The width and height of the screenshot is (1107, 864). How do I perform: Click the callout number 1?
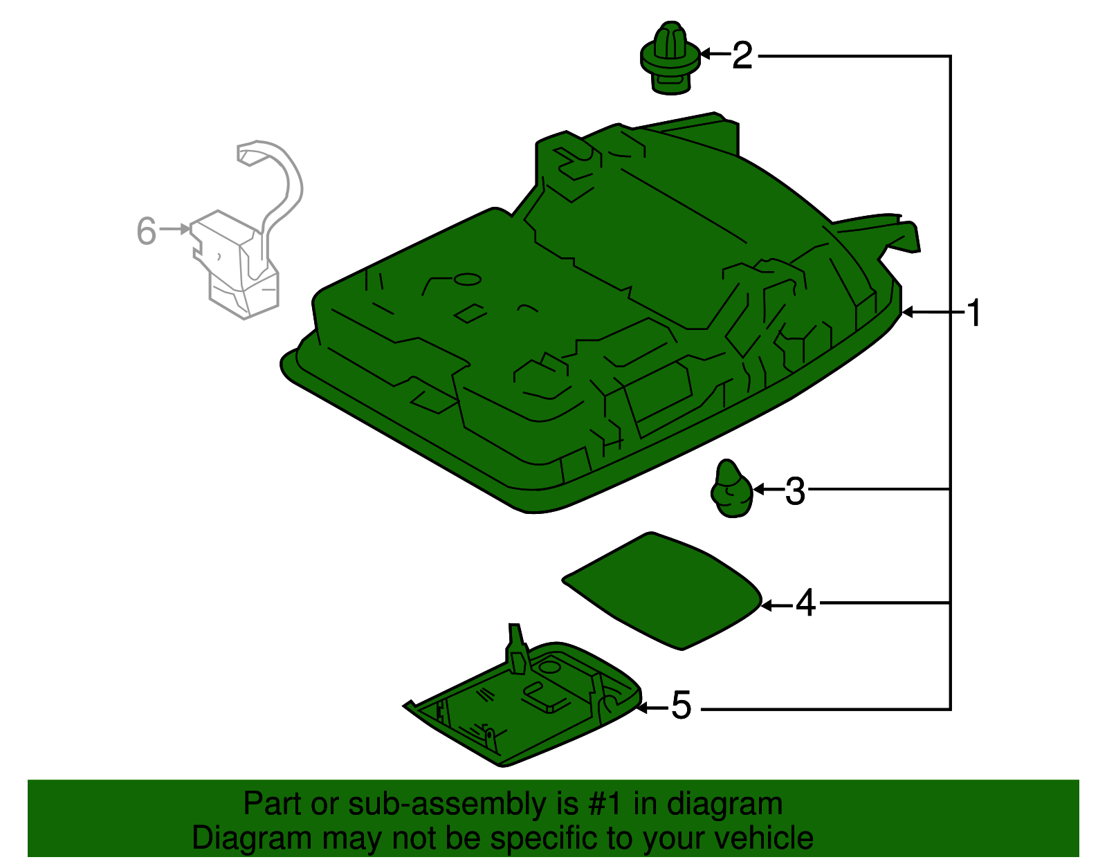tap(973, 313)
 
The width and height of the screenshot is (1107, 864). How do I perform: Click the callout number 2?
tap(742, 55)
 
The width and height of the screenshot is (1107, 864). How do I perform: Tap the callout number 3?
tap(795, 491)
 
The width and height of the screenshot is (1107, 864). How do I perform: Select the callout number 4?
tap(805, 604)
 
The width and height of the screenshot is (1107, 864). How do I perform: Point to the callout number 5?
tap(681, 706)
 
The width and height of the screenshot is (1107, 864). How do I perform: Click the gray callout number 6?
tap(146, 231)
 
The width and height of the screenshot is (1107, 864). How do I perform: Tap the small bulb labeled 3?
tap(731, 490)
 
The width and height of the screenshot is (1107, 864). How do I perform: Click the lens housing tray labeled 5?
tap(526, 713)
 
